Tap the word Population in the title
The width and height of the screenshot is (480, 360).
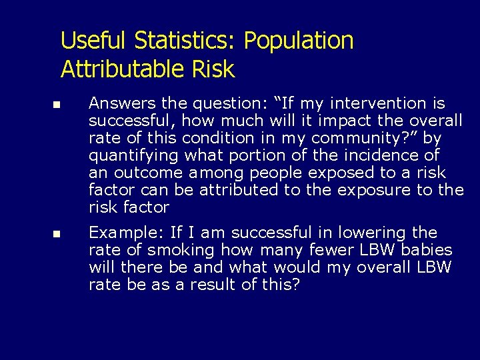[298, 41]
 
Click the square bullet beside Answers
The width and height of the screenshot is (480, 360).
[57, 105]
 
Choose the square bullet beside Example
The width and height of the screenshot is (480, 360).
[57, 235]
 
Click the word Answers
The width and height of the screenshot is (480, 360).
[120, 103]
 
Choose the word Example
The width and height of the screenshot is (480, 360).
[127, 233]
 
